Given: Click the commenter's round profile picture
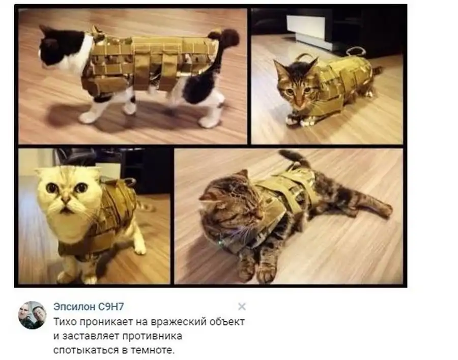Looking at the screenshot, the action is (32, 315).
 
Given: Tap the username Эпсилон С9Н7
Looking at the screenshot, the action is (89, 307).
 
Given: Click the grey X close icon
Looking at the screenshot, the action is (242, 307).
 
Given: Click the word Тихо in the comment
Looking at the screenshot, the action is (65, 322).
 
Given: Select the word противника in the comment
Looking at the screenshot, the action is (152, 336).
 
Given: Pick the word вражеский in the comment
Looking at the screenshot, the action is (177, 322).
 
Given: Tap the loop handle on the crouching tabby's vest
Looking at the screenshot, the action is (356, 50).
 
